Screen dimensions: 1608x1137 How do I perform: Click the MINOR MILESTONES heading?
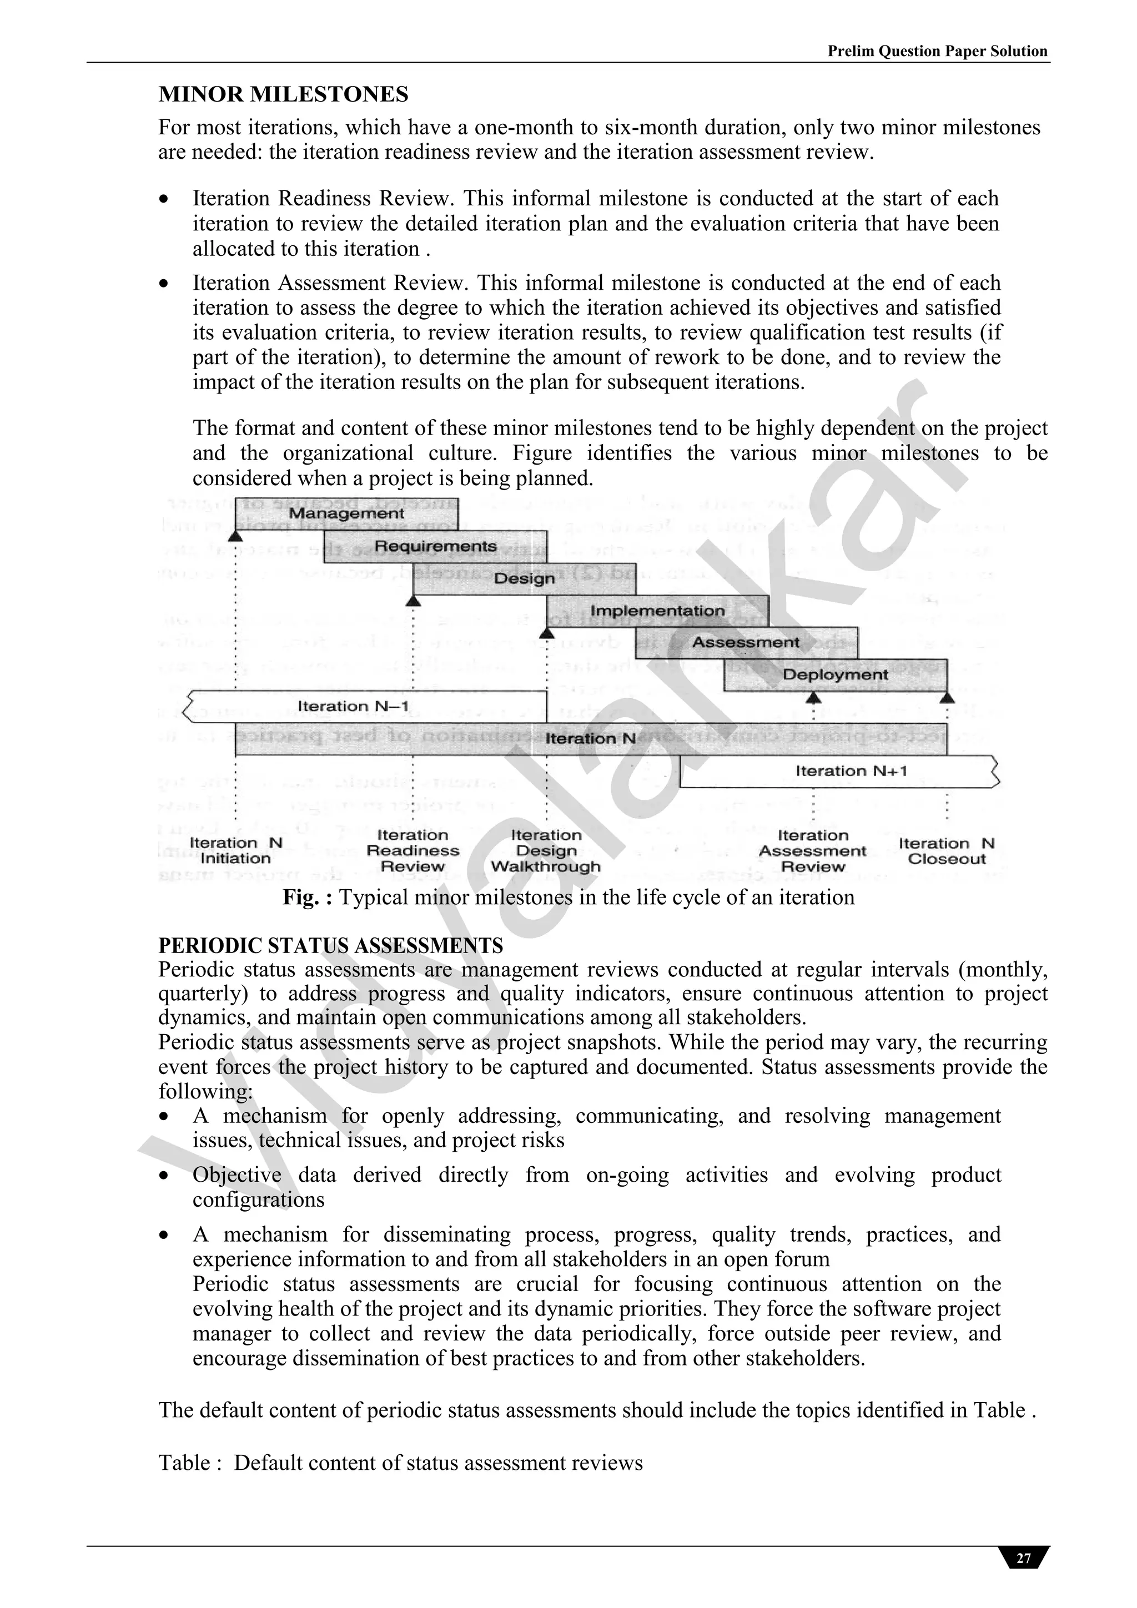(x=283, y=94)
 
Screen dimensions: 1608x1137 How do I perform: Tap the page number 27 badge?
(x=1024, y=1557)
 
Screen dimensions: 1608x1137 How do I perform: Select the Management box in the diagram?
(x=346, y=513)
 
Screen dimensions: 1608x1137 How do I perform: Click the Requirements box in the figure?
(x=435, y=546)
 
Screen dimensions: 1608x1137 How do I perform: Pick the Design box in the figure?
(x=524, y=578)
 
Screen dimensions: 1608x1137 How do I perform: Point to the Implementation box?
(x=657, y=611)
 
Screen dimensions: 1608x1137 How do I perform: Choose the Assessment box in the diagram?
(x=746, y=642)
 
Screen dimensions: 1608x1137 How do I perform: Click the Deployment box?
(x=835, y=674)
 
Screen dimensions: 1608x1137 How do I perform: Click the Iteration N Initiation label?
(x=235, y=850)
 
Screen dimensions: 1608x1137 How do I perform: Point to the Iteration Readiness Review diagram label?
(x=412, y=850)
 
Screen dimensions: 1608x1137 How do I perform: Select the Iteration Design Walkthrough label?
(x=546, y=850)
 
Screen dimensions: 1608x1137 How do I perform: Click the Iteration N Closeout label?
(x=947, y=851)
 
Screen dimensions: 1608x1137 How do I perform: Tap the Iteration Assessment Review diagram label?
(x=813, y=850)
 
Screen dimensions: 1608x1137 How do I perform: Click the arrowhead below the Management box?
(x=235, y=536)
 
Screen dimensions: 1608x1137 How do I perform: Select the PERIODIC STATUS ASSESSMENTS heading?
(x=331, y=945)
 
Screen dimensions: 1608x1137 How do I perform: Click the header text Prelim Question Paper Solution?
(x=937, y=51)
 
